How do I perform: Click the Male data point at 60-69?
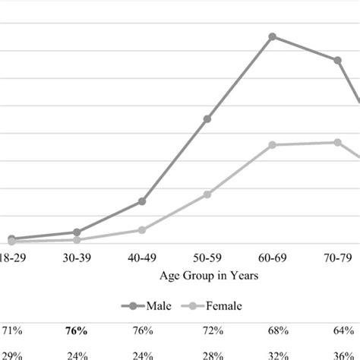[272, 36]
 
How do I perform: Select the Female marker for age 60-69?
[272, 144]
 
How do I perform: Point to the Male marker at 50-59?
[207, 118]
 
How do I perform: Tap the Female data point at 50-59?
[207, 194]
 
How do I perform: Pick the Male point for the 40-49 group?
[142, 201]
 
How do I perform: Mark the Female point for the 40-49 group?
[142, 229]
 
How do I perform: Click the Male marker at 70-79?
[337, 60]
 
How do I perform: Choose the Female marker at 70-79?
[337, 142]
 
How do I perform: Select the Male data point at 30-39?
[77, 232]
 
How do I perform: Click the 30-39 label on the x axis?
[77, 258]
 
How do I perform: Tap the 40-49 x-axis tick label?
[142, 258]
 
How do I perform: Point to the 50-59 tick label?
[207, 258]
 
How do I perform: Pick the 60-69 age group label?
[272, 258]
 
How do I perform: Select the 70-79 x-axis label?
[337, 258]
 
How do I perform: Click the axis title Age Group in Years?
[207, 276]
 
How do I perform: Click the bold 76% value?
[77, 332]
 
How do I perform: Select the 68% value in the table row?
[272, 332]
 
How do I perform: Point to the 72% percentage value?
[207, 332]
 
